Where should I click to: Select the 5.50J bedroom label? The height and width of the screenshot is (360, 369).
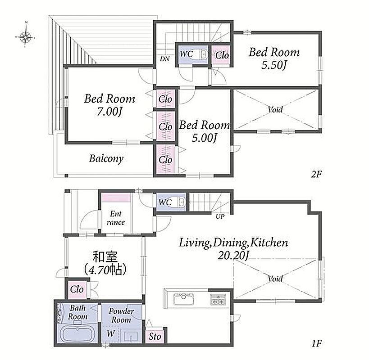click(274, 58)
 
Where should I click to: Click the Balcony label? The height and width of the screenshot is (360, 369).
click(106, 158)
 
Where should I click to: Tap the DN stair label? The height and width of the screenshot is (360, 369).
click(165, 59)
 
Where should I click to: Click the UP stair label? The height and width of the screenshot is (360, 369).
click(220, 216)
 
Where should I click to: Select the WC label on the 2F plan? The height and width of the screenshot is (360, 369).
click(187, 54)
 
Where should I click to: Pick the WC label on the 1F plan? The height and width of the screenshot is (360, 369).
click(165, 202)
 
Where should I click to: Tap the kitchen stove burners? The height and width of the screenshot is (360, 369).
click(217, 299)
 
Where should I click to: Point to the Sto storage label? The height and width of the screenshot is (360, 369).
click(155, 336)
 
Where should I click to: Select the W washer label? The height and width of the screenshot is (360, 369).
click(111, 333)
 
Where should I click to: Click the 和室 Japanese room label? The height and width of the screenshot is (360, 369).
click(105, 256)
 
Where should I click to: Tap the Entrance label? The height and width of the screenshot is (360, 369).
click(116, 218)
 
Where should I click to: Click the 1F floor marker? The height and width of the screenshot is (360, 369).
click(317, 344)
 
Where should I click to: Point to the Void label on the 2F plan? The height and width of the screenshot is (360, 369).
click(275, 109)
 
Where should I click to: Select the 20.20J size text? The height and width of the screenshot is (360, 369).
click(233, 256)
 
